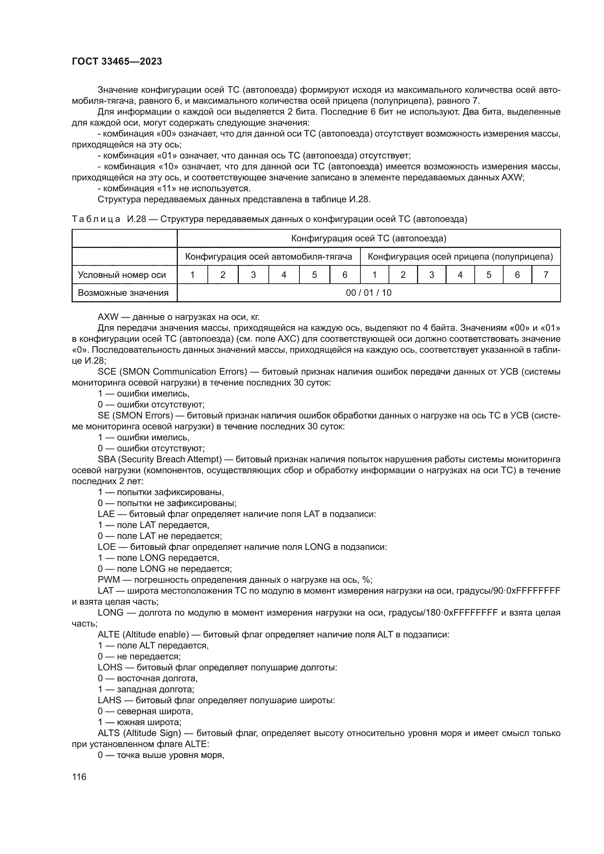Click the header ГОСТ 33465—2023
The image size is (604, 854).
coord(117,61)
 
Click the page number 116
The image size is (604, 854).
coord(79,777)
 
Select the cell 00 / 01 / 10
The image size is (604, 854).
coord(368,293)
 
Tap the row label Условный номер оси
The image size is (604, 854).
coord(122,275)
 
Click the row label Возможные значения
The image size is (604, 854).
coord(123,293)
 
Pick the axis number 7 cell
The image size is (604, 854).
coord(546,275)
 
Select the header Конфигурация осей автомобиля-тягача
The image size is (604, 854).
coord(268,257)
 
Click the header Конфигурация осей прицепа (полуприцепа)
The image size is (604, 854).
coord(460,257)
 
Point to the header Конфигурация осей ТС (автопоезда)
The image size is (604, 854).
coord(368,238)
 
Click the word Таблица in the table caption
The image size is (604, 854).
coord(96,219)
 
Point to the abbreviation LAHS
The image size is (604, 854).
coord(110,700)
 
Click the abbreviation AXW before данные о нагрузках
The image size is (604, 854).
coord(108,317)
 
